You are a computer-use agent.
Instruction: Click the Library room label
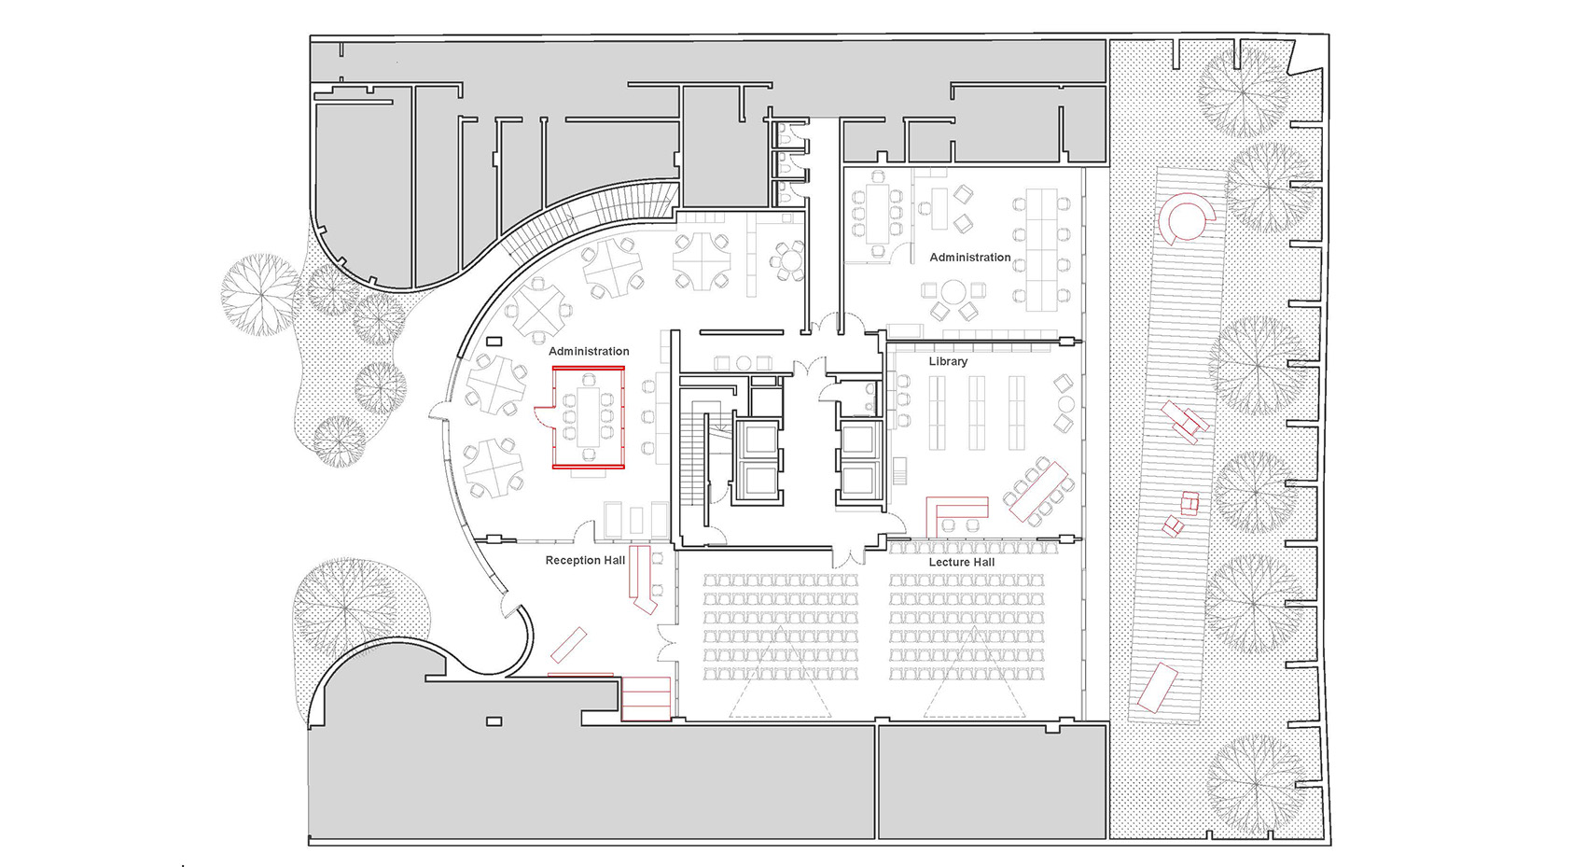coord(948,361)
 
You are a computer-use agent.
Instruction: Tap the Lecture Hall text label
coord(961,563)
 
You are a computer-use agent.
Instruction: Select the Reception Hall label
coord(585,561)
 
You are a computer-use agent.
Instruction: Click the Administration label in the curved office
coord(589,352)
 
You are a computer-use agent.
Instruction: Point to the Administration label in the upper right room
coord(969,258)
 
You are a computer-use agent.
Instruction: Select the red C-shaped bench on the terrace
coord(1186,220)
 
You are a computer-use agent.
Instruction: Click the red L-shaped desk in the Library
coord(953,509)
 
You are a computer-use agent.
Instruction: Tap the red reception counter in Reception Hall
coord(640,579)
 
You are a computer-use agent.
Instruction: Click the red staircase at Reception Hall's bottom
coord(646,697)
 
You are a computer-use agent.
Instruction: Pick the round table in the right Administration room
coord(953,291)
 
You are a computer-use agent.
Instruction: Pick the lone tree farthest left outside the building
coord(258,294)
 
